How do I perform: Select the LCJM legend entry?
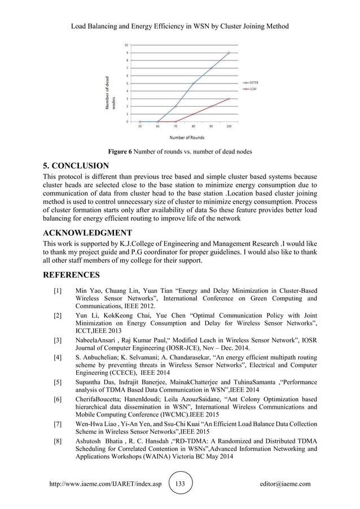(x=250, y=89)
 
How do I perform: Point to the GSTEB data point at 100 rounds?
(x=229, y=52)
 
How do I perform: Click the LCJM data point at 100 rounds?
(x=229, y=99)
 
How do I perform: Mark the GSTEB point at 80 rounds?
(x=193, y=84)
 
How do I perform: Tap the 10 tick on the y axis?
(x=125, y=45)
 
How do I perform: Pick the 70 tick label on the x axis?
(x=175, y=126)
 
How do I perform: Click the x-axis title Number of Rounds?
(x=184, y=137)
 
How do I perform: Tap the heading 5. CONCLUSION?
(x=76, y=166)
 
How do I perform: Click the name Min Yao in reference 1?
(x=87, y=290)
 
